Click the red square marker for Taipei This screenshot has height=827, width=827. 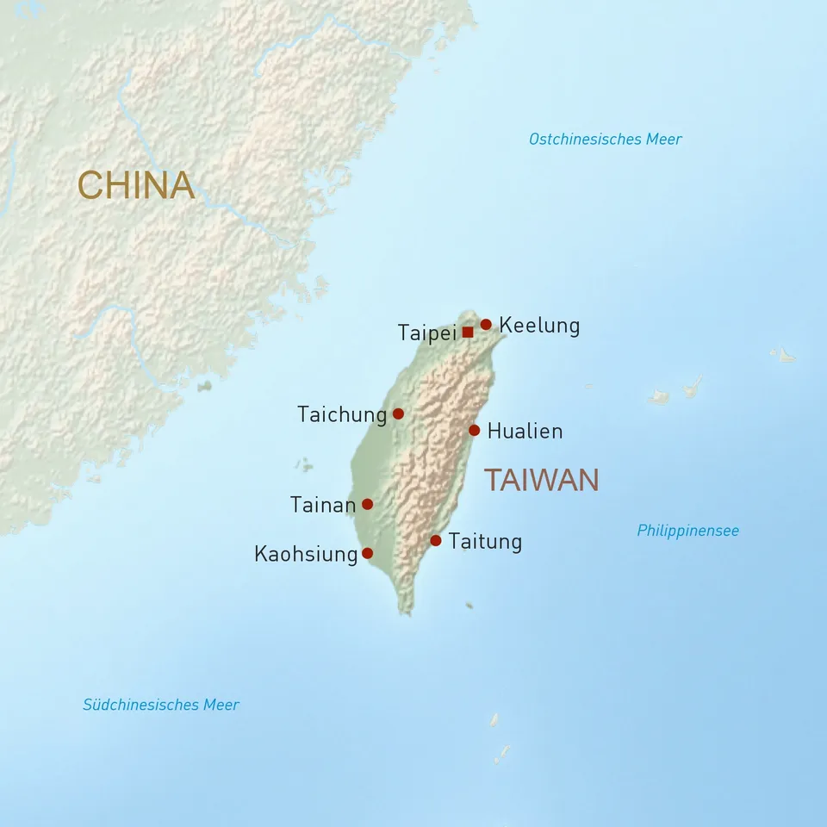pos(468,332)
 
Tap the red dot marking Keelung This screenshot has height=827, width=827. pos(486,325)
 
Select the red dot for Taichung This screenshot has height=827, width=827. pos(398,413)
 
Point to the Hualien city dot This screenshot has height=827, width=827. pos(474,430)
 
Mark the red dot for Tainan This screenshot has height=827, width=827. pos(367,504)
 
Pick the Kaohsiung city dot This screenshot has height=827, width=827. pos(367,553)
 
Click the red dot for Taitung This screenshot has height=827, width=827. pos(436,540)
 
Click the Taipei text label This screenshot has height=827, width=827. pos(426,333)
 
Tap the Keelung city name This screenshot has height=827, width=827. pos(539,326)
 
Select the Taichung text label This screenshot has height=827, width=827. pos(342,414)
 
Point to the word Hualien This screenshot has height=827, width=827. pos(525,431)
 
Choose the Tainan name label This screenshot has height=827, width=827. pos(323,505)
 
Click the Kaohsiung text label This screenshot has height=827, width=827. pos(306,554)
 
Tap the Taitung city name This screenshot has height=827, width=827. pos(485,541)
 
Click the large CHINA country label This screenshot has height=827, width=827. pos(135,185)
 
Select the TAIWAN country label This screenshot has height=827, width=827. pos(541,480)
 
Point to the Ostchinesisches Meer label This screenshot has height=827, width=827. pos(605,139)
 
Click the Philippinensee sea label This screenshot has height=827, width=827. pos(687,531)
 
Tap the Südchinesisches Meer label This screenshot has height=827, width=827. pos(161,705)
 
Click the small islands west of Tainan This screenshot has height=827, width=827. pos(303,465)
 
